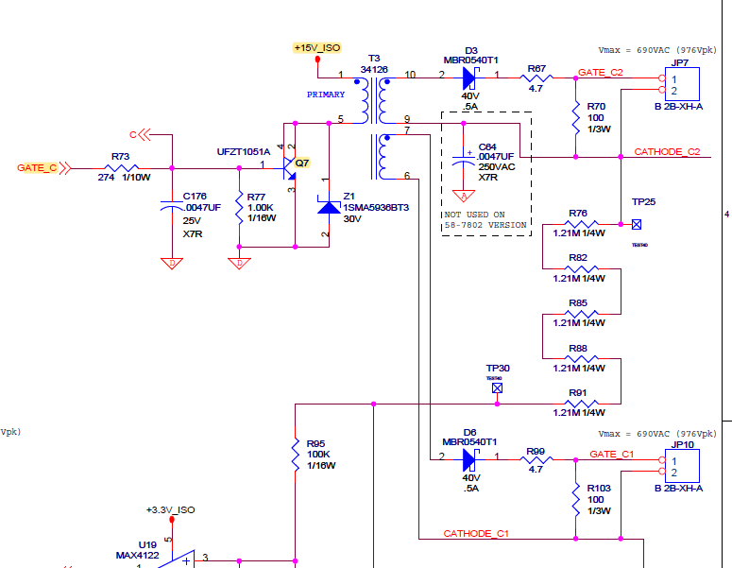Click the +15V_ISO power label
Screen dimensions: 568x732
click(316, 47)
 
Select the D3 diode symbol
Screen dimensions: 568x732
click(469, 76)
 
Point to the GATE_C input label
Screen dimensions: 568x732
click(38, 168)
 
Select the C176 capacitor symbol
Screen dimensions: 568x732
click(171, 203)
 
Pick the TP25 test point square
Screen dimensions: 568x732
click(637, 224)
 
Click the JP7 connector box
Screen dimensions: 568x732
click(681, 86)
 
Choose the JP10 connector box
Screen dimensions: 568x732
click(681, 467)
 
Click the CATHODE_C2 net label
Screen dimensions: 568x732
click(667, 151)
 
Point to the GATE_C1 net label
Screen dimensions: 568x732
click(612, 455)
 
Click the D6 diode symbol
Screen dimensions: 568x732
click(469, 460)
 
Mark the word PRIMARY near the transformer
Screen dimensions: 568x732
click(326, 95)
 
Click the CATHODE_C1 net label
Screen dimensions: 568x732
click(476, 534)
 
